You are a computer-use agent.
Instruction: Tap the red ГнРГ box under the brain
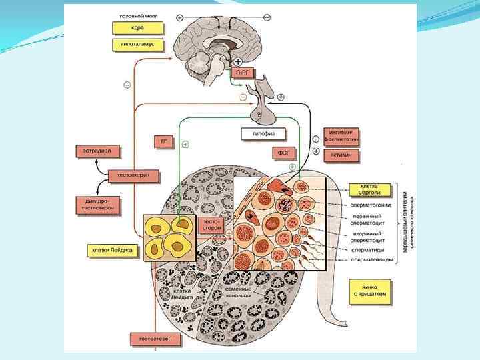tap(241, 71)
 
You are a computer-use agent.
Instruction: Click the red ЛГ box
tap(163, 141)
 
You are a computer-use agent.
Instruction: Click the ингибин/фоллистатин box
tap(341, 136)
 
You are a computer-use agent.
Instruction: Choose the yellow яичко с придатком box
tap(370, 291)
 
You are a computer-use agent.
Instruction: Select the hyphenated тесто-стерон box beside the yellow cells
tap(211, 225)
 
